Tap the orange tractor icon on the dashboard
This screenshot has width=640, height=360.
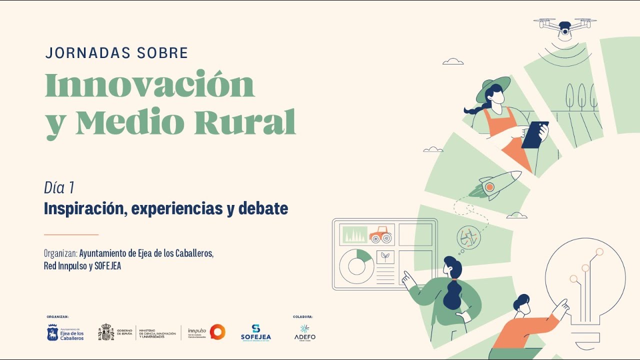tap(380, 234)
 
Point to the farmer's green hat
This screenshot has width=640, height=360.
tap(492, 88)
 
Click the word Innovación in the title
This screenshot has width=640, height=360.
tap(150, 85)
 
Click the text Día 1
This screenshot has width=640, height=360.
tap(59, 188)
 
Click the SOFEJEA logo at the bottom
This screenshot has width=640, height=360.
tap(255, 332)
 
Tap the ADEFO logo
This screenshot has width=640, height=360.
tap(304, 332)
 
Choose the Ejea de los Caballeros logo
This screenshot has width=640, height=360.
tap(65, 332)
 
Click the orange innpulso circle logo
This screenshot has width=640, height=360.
tap(217, 332)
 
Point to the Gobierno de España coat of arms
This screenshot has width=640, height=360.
tap(106, 332)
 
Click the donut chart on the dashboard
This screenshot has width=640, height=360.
tap(356, 266)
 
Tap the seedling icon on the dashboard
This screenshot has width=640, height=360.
tap(385, 257)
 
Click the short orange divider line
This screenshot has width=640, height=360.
tap(71, 234)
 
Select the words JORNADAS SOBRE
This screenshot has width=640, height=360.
tap(116, 53)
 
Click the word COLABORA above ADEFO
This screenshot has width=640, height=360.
tap(303, 317)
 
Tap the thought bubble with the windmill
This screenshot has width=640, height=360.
tap(468, 237)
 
